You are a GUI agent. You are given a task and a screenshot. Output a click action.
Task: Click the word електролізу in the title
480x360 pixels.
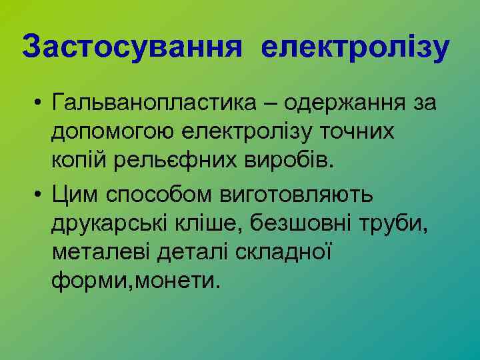coord(356,48)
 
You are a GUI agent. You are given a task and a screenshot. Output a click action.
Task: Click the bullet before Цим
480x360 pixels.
coord(41,195)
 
